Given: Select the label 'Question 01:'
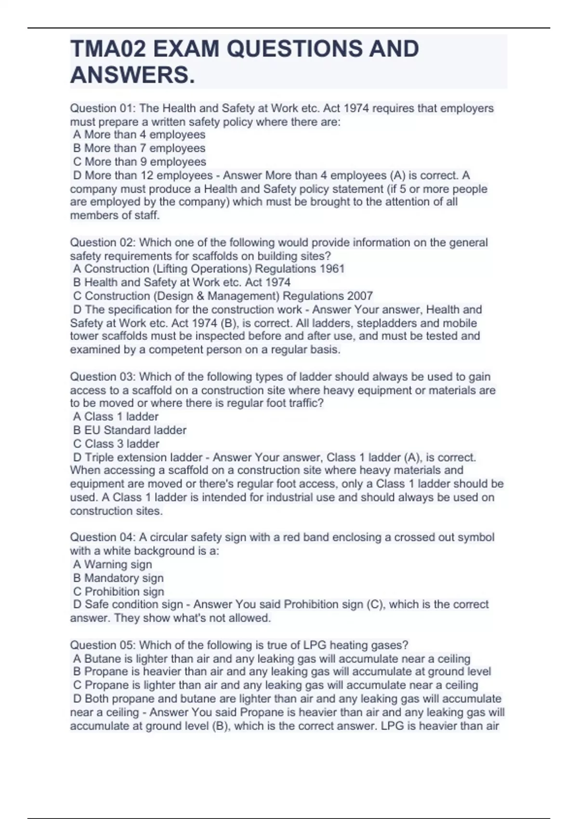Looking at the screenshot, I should [x=103, y=108].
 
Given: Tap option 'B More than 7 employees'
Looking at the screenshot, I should [x=139, y=148].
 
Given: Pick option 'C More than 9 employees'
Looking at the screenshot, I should [x=140, y=162].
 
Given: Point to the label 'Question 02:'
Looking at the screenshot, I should [x=103, y=242].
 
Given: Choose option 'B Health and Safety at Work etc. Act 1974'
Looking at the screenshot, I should [x=182, y=282].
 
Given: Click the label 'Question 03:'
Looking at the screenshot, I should [x=103, y=377].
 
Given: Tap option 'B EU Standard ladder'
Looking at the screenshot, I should [x=130, y=430].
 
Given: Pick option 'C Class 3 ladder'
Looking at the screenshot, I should [x=116, y=444].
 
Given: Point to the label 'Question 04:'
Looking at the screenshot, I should [x=103, y=537].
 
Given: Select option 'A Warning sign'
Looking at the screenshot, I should [x=112, y=564].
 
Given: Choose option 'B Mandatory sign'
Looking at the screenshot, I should [x=118, y=578].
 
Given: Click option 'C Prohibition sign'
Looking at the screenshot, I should [x=118, y=591].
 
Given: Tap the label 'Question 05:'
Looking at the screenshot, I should [x=103, y=645].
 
